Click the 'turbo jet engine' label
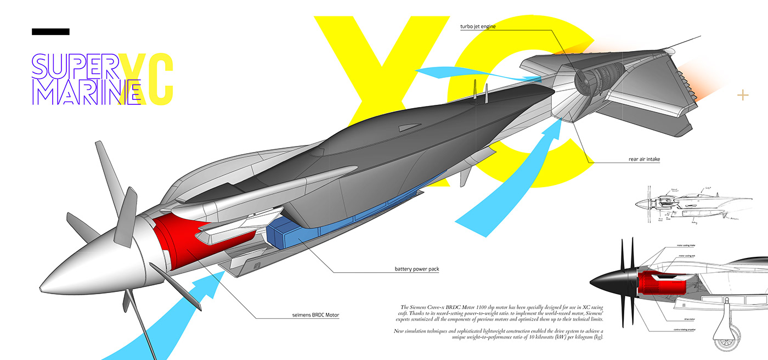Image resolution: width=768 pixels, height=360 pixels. tap(478, 26)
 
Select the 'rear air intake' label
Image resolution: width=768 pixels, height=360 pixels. tap(644, 160)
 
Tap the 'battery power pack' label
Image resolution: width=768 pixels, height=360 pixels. tap(416, 269)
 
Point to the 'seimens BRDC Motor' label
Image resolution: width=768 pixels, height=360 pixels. tap(315, 315)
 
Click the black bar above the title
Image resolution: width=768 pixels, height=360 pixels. tap(50, 32)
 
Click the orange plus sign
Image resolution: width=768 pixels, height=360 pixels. tap(743, 95)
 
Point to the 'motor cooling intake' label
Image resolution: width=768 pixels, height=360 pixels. tap(686, 245)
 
